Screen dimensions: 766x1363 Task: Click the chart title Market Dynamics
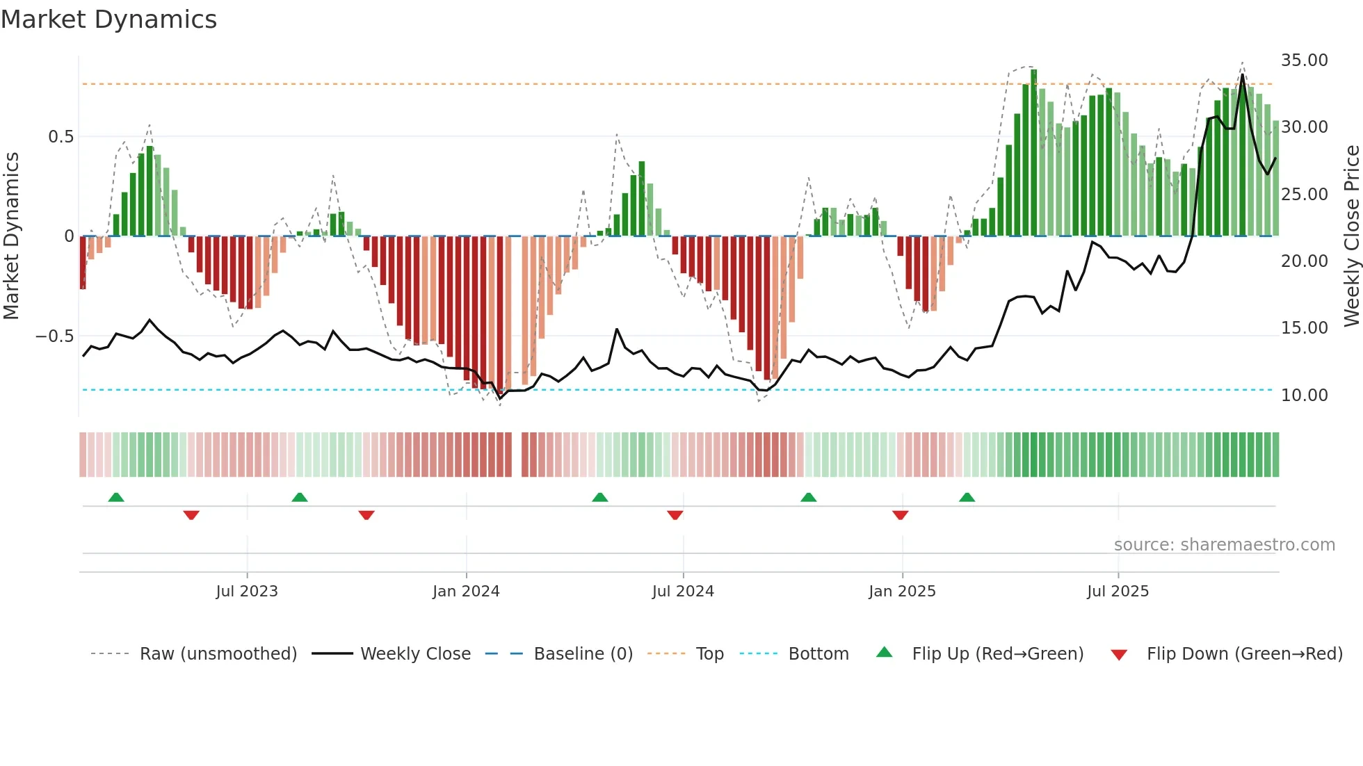[108, 19]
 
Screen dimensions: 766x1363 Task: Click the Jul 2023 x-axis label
[247, 592]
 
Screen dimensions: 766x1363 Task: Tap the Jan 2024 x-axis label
[466, 592]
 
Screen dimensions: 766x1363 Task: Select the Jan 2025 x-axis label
[902, 592]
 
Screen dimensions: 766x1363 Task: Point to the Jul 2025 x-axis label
[1118, 592]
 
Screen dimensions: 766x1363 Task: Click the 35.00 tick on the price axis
[1304, 60]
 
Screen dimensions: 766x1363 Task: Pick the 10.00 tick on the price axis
[1304, 396]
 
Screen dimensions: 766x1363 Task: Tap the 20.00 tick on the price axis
[1304, 261]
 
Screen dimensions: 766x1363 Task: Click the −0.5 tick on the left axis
[55, 336]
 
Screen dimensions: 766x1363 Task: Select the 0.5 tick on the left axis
[61, 137]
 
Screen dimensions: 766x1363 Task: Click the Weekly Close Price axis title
[1351, 236]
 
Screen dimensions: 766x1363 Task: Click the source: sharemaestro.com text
[1224, 545]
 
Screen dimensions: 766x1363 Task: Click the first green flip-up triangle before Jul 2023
[116, 497]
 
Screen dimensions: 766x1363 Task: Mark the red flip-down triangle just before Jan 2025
[900, 515]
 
